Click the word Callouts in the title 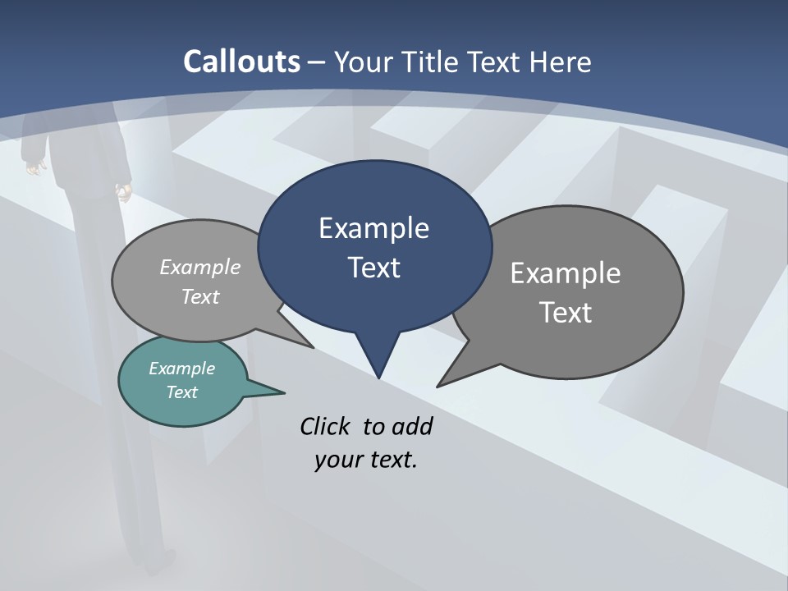click(x=241, y=62)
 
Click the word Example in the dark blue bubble click(x=373, y=228)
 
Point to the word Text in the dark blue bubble click(x=373, y=268)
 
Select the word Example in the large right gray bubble click(x=566, y=273)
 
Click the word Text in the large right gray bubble click(x=566, y=313)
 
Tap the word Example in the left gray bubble click(x=200, y=267)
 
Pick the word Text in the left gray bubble click(x=200, y=296)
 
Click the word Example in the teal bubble click(x=182, y=369)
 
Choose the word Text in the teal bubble click(x=182, y=392)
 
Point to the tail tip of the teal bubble click(x=284, y=392)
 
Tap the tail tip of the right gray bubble click(x=438, y=386)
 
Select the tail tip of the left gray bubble click(x=314, y=347)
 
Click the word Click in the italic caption click(x=326, y=426)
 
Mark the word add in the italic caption click(x=412, y=426)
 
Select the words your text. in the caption click(x=366, y=460)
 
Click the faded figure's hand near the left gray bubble click(x=125, y=194)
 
